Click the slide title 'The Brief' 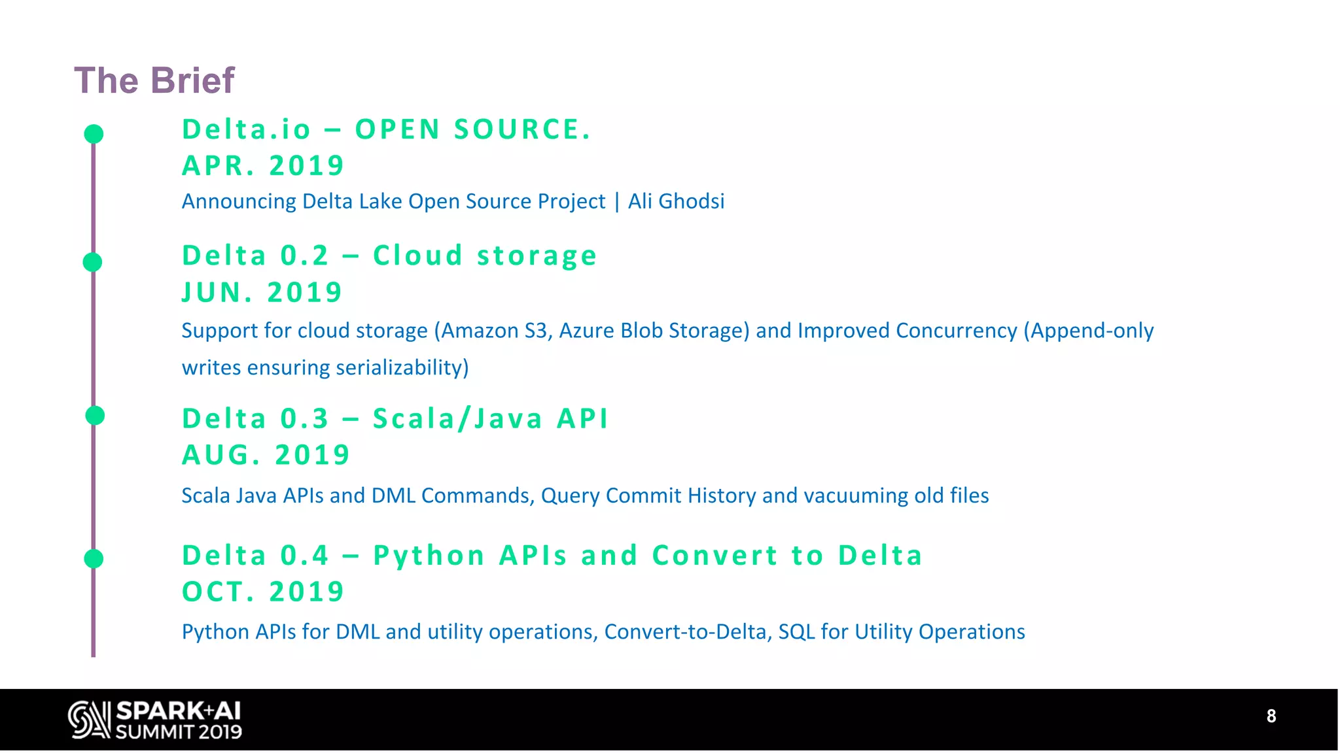pos(154,80)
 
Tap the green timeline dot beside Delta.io pos(94,134)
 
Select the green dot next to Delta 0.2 pos(92,262)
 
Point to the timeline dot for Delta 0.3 pos(95,415)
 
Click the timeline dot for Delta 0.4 pos(94,559)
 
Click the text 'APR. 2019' pos(262,165)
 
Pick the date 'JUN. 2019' pos(262,292)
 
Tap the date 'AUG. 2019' pos(266,455)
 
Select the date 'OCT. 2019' pos(262,592)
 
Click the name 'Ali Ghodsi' pos(676,201)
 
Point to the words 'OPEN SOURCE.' pos(473,129)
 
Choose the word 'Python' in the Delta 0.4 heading pos(429,556)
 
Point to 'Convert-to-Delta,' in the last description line pos(688,631)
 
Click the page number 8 pos(1271,716)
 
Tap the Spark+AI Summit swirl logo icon pos(89,720)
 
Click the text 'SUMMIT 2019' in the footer pos(179,732)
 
